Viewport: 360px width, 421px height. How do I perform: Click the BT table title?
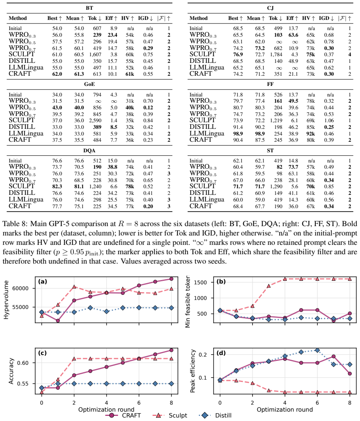tap(90, 8)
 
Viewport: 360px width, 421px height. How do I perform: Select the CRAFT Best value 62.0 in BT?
tap(57, 74)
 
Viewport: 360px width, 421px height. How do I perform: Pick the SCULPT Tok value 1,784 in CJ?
tap(276, 55)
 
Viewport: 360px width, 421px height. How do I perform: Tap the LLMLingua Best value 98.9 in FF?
tap(238, 134)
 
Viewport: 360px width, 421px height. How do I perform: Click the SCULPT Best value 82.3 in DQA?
tap(57, 187)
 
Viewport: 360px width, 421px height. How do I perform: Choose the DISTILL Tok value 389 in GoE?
tap(97, 127)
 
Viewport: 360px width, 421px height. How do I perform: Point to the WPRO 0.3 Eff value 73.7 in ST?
tap(293, 167)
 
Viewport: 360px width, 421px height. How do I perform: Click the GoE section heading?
tap(90, 84)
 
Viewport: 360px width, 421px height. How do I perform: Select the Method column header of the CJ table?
tap(198, 18)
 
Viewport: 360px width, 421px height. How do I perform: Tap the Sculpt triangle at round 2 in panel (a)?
tap(74, 287)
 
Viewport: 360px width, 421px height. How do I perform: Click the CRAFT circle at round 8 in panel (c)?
tap(172, 350)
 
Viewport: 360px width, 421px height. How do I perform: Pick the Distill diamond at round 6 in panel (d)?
tap(317, 350)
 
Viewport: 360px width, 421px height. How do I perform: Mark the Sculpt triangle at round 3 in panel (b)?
tap(269, 286)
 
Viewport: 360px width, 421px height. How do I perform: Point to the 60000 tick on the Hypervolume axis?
tap(20, 288)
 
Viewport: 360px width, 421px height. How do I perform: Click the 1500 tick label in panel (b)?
tap(201, 282)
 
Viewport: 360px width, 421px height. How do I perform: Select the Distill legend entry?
tap(215, 416)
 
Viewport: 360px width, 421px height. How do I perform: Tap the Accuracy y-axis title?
tap(11, 371)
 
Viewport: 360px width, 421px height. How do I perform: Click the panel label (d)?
tap(221, 353)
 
